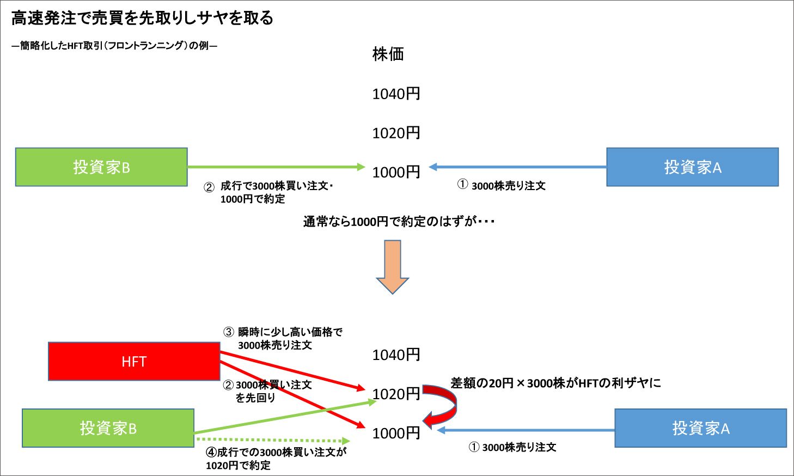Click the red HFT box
[134, 361]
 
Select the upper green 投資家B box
[101, 167]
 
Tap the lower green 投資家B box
[108, 428]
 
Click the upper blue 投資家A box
[692, 167]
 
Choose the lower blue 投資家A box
[700, 428]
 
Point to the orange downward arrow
[392, 267]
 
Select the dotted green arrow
[272, 440]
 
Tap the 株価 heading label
[388, 54]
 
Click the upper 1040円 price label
[396, 94]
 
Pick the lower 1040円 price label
[396, 355]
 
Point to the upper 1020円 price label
[396, 133]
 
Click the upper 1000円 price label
[396, 172]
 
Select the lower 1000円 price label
[396, 433]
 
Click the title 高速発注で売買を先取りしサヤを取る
[142, 18]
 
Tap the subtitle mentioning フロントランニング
[114, 46]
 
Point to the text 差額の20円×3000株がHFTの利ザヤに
[555, 383]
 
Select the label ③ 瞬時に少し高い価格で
[283, 332]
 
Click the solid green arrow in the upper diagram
[275, 167]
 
